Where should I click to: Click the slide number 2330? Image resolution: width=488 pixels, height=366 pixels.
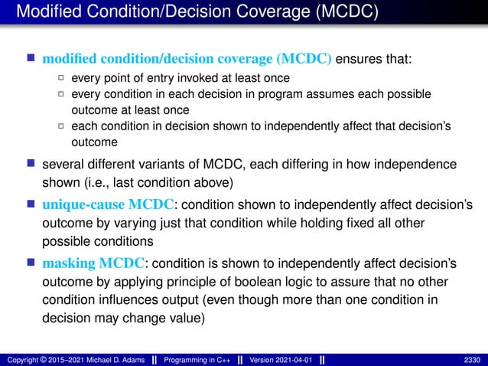(x=471, y=359)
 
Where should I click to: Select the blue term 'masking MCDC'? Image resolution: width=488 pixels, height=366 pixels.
(x=93, y=263)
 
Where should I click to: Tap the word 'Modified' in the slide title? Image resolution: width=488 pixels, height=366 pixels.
(x=46, y=13)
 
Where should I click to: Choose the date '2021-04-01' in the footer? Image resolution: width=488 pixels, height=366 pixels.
(x=294, y=359)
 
